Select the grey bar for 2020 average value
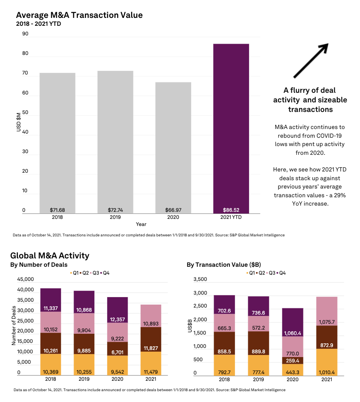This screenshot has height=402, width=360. (x=173, y=146)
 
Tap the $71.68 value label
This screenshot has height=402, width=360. (x=58, y=210)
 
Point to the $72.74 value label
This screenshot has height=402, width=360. (x=116, y=210)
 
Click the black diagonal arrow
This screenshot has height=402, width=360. (x=311, y=61)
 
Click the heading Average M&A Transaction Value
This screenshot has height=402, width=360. (x=79, y=15)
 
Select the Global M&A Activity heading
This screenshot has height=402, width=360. (x=49, y=256)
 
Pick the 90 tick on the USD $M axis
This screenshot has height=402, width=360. (x=25, y=34)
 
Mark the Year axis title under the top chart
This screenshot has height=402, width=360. (x=141, y=224)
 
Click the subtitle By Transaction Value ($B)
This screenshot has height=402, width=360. (x=224, y=265)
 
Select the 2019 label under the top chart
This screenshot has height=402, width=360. (x=116, y=217)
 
